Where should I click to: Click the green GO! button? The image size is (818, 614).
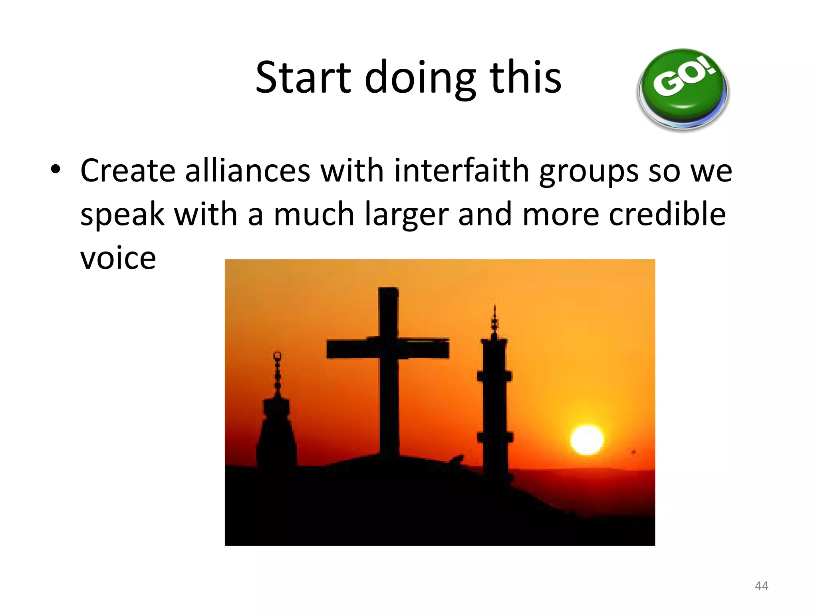(x=683, y=89)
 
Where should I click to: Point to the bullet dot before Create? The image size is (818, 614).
(x=56, y=169)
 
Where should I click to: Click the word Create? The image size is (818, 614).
(x=128, y=171)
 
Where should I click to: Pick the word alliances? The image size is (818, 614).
(x=248, y=171)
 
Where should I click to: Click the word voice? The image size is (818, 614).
(x=118, y=258)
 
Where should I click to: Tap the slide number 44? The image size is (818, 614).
(x=761, y=586)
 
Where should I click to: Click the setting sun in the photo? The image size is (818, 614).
(x=586, y=440)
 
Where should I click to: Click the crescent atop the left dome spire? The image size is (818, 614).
(x=277, y=356)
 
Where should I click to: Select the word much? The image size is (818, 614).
(x=314, y=214)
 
